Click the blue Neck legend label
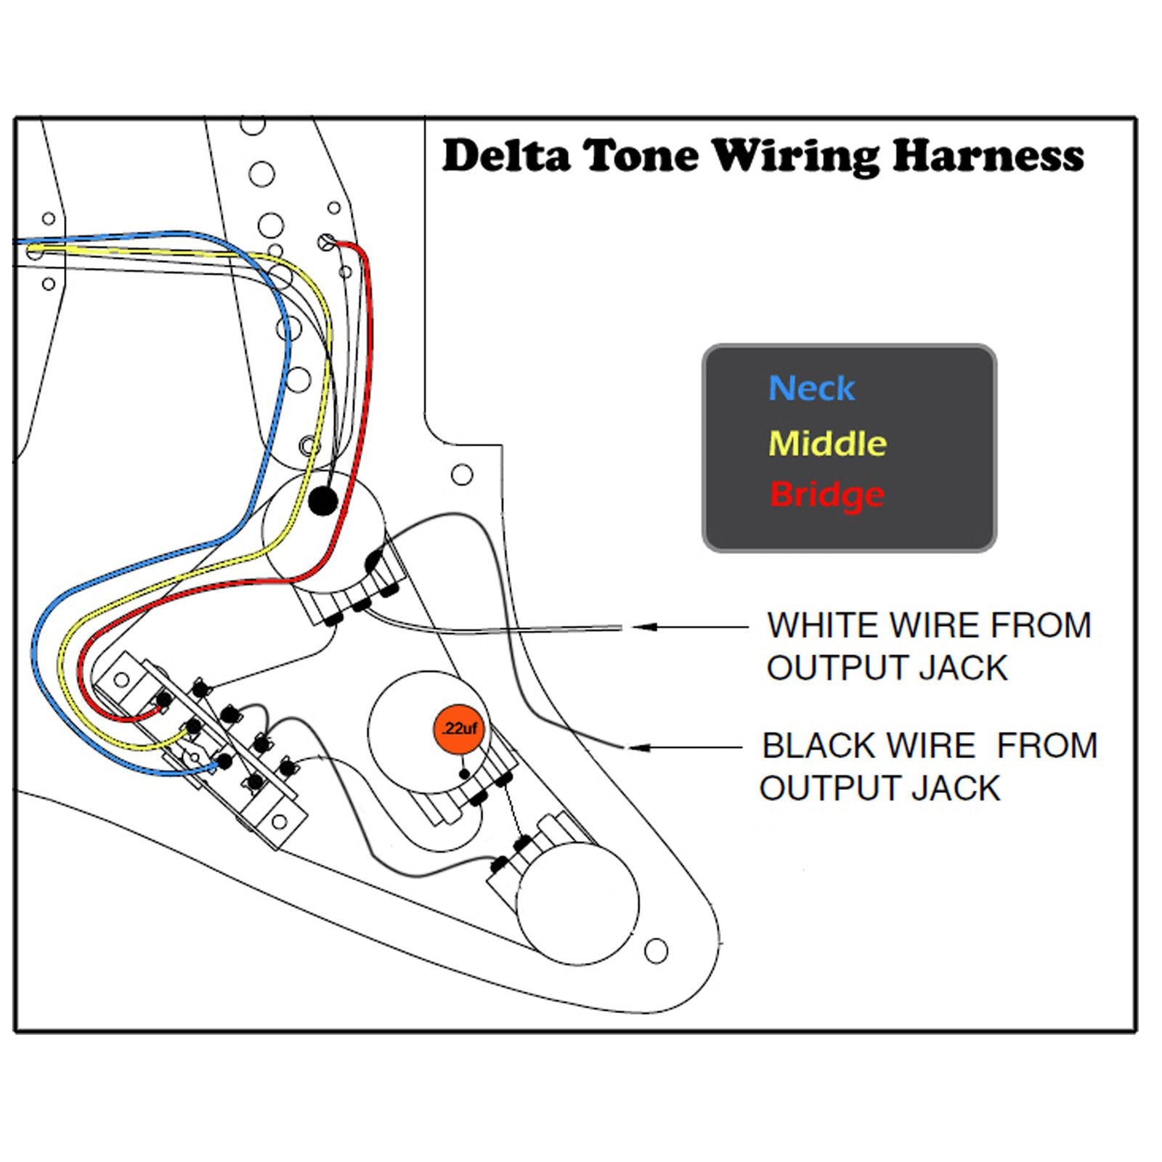coord(811,388)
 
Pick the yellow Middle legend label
coord(827,443)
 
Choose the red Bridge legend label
coord(826,495)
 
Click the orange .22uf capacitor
coord(459,728)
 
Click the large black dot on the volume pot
coord(322,500)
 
